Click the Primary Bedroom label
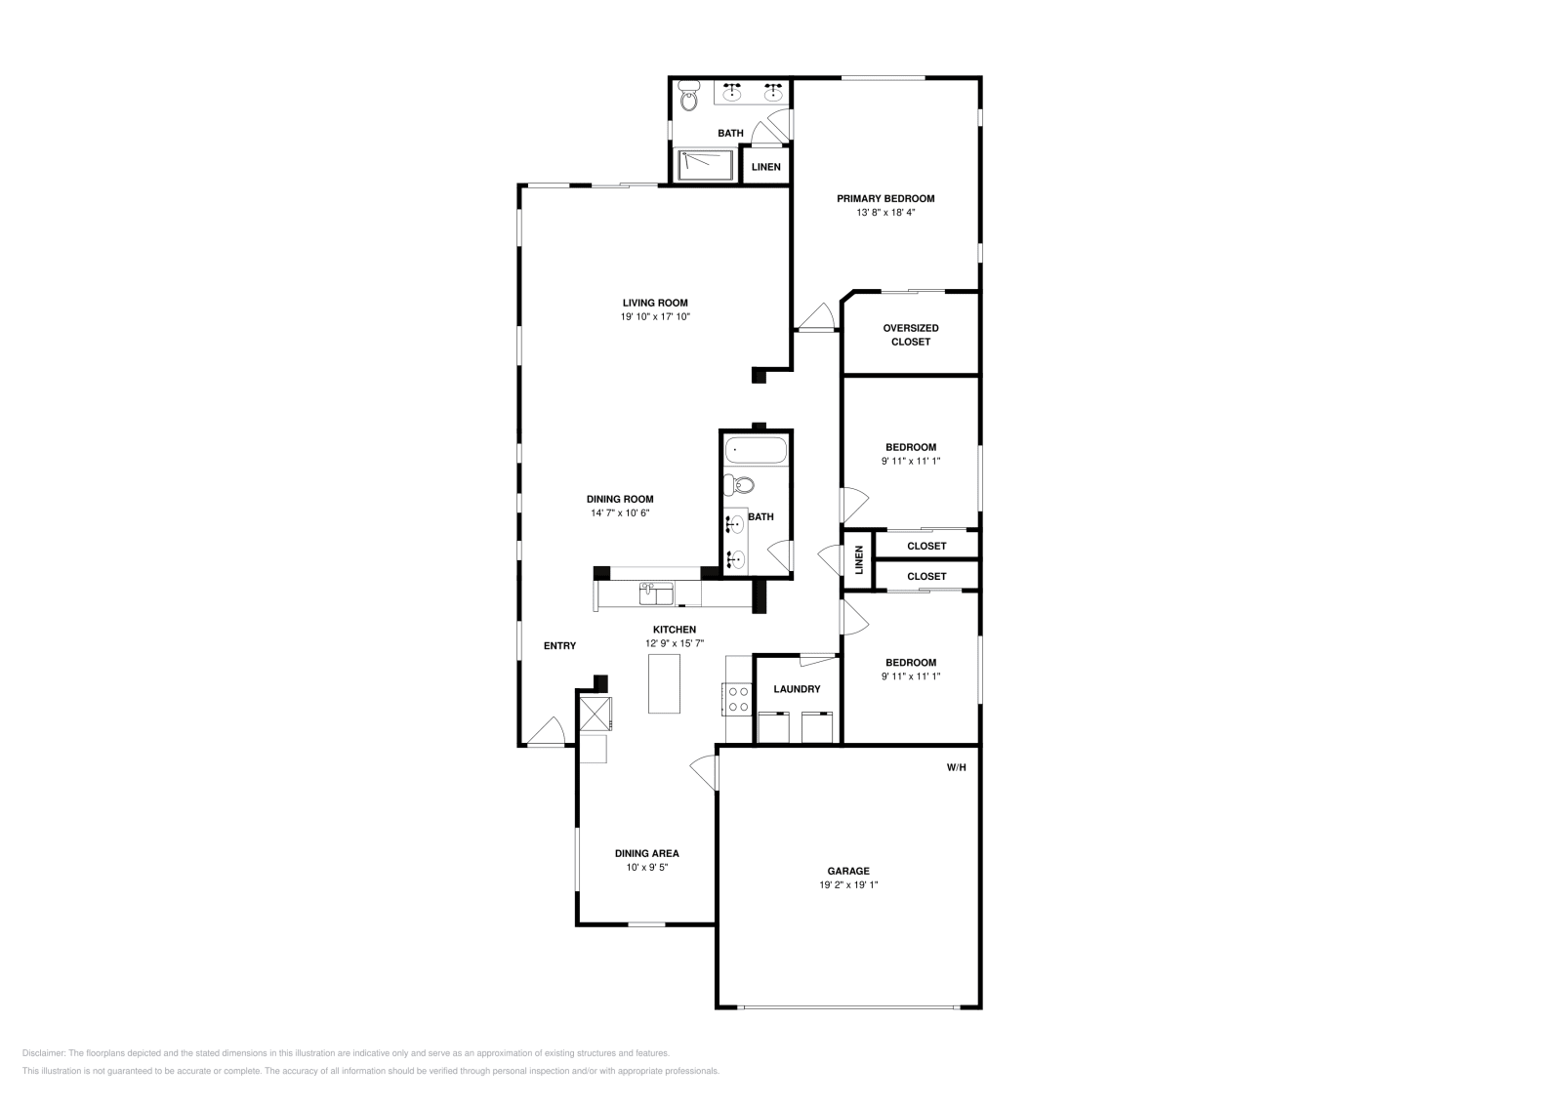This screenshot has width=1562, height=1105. pos(885,199)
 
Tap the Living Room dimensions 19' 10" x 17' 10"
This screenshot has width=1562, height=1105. pos(655,316)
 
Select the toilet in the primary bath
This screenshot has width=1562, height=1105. pos(689,97)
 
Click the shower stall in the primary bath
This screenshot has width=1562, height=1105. pos(706,165)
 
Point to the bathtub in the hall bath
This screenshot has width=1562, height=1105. pos(756,450)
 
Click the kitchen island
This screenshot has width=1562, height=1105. pos(664,684)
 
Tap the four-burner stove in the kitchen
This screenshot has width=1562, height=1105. pos(739,700)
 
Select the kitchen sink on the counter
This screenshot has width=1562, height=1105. pos(656,594)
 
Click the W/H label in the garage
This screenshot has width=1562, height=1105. pos(956,767)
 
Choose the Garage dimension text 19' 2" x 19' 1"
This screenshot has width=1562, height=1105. pos(848,884)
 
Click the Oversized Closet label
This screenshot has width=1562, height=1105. pos(911,335)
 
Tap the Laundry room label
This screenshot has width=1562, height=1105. pos(797,689)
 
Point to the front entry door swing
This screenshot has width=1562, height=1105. pos(547,731)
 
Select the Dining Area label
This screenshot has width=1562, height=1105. pos(647,853)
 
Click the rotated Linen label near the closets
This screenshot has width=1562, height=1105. pos(859,559)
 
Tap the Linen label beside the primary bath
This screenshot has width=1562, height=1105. pos(766,167)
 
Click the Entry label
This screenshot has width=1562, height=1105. pos(560,646)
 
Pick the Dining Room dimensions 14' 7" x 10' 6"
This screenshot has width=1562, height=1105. pos(621,513)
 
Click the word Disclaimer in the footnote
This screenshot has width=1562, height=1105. pos(44,1053)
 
